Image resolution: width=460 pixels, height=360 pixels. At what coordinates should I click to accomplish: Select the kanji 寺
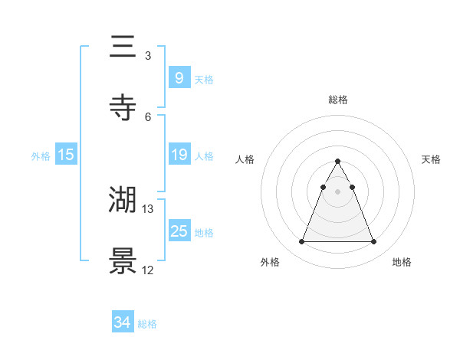pyautogui.click(x=123, y=108)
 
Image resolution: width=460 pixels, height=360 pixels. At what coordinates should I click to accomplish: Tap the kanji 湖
pyautogui.click(x=123, y=200)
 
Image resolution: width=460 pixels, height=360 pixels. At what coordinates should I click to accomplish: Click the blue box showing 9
pyautogui.click(x=179, y=77)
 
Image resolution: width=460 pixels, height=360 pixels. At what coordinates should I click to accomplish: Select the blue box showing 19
pyautogui.click(x=179, y=155)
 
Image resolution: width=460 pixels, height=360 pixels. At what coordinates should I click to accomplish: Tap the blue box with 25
pyautogui.click(x=179, y=231)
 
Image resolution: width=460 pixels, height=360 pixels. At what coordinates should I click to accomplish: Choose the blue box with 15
pyautogui.click(x=66, y=155)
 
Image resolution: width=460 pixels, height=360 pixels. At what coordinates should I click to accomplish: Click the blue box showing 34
pyautogui.click(x=123, y=322)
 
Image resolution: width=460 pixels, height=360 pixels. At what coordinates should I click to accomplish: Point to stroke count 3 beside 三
pyautogui.click(x=147, y=56)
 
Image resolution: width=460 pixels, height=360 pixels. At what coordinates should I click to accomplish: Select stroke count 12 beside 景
pyautogui.click(x=148, y=270)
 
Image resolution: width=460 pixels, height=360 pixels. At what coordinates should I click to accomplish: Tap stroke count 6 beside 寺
pyautogui.click(x=147, y=116)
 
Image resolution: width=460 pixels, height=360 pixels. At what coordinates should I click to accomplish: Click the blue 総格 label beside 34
pyautogui.click(x=147, y=324)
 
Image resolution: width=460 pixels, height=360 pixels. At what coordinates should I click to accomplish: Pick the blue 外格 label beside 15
pyautogui.click(x=41, y=156)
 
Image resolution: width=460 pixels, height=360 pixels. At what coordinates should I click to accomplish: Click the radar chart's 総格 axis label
pyautogui.click(x=337, y=100)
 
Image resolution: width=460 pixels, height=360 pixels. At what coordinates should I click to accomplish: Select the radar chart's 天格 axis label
pyautogui.click(x=432, y=159)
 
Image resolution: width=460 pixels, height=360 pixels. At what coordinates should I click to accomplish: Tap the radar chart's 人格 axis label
pyautogui.click(x=245, y=159)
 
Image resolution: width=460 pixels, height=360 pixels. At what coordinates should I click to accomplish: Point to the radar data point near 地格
pyautogui.click(x=373, y=242)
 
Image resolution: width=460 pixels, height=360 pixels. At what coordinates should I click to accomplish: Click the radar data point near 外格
pyautogui.click(x=301, y=242)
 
